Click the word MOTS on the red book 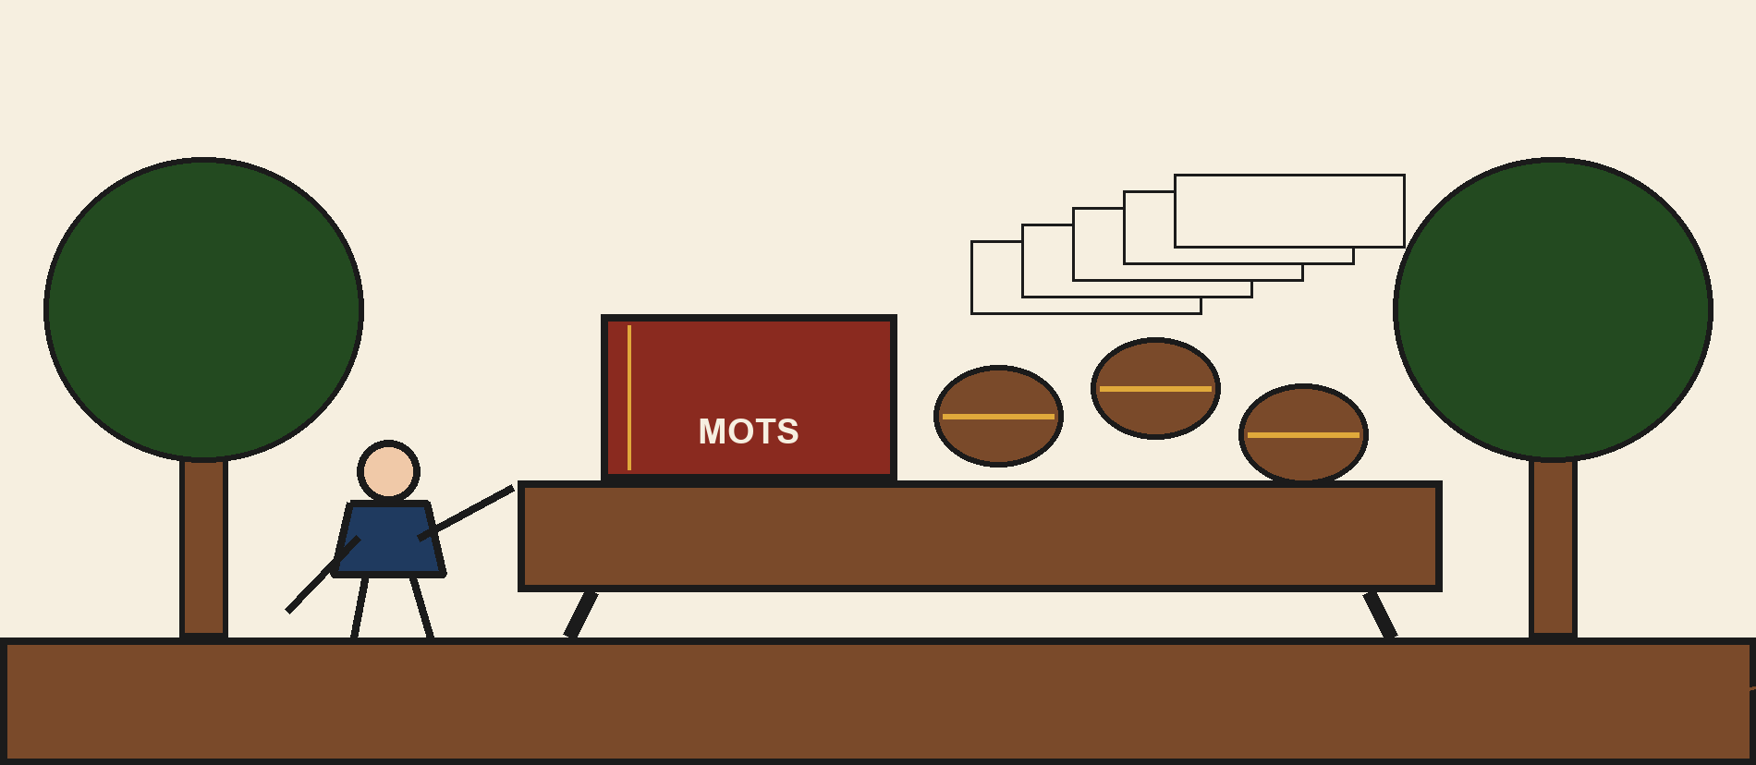[x=749, y=431]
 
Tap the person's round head [x=388, y=471]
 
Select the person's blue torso [x=388, y=540]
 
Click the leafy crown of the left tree [x=203, y=310]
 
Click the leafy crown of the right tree [x=1553, y=310]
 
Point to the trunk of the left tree [x=203, y=547]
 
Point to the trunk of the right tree [x=1553, y=547]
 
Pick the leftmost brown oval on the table [x=998, y=416]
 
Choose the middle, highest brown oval [x=1155, y=388]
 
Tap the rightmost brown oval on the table [x=1303, y=434]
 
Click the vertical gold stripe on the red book [x=629, y=397]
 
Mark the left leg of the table [x=580, y=614]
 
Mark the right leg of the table [x=1380, y=614]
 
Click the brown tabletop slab [x=980, y=536]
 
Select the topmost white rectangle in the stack [x=1289, y=211]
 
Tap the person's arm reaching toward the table [x=466, y=513]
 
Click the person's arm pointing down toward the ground [x=323, y=574]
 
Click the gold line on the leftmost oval [x=998, y=417]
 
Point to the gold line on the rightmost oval [x=1303, y=435]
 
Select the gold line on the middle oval [x=1155, y=389]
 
